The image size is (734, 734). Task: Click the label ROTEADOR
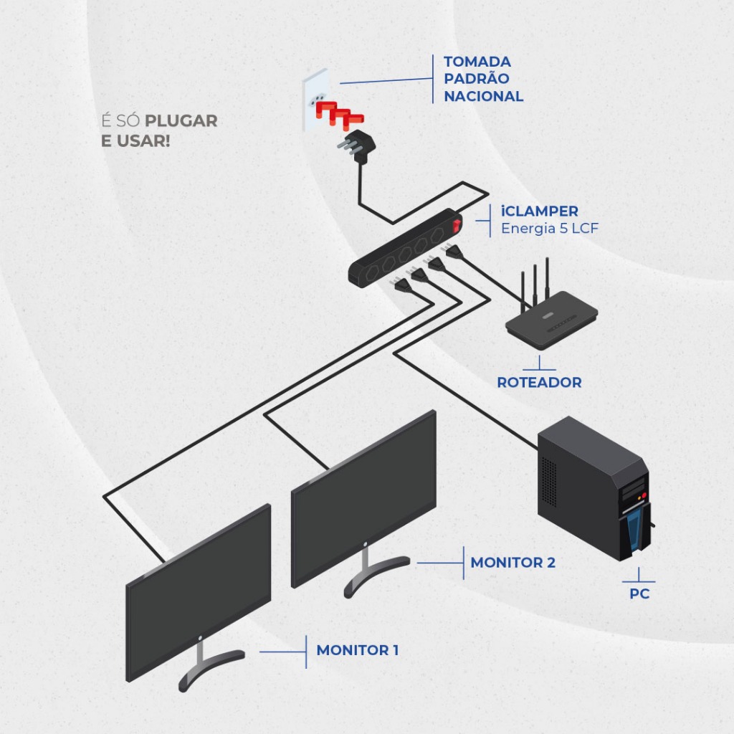click(539, 382)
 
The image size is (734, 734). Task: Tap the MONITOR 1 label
click(357, 650)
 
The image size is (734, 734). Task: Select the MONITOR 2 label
click(513, 563)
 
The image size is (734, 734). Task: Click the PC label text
click(639, 594)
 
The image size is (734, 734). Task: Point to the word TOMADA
click(477, 62)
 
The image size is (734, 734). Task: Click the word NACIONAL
click(483, 96)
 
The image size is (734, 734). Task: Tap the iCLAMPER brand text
click(539, 211)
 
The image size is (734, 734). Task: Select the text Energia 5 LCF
click(549, 229)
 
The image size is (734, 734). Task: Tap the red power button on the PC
click(644, 495)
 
